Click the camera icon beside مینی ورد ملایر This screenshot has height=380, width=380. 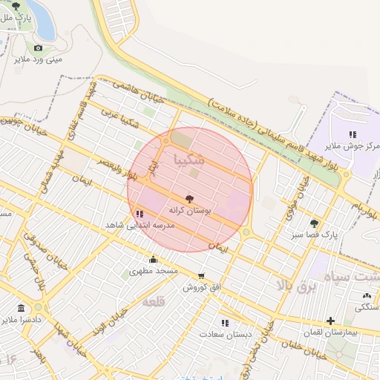point(39,48)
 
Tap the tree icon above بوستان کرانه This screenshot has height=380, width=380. point(190,199)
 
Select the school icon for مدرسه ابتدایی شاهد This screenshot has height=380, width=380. point(140,214)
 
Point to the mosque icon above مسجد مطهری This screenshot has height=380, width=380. point(154,259)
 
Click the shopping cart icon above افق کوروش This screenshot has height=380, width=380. point(201,275)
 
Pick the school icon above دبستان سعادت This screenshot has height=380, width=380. point(226,323)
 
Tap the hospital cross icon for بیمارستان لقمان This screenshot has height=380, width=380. point(331,321)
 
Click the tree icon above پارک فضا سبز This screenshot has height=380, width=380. point(315,223)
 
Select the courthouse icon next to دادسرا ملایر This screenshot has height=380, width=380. point(21,307)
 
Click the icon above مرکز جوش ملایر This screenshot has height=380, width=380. point(353,134)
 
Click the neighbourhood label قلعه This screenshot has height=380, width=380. point(152,301)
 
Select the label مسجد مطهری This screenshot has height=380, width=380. point(154,271)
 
